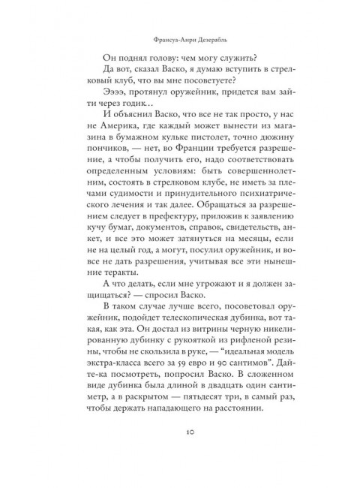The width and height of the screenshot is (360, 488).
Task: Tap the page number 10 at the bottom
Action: pyautogui.click(x=180, y=453)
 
